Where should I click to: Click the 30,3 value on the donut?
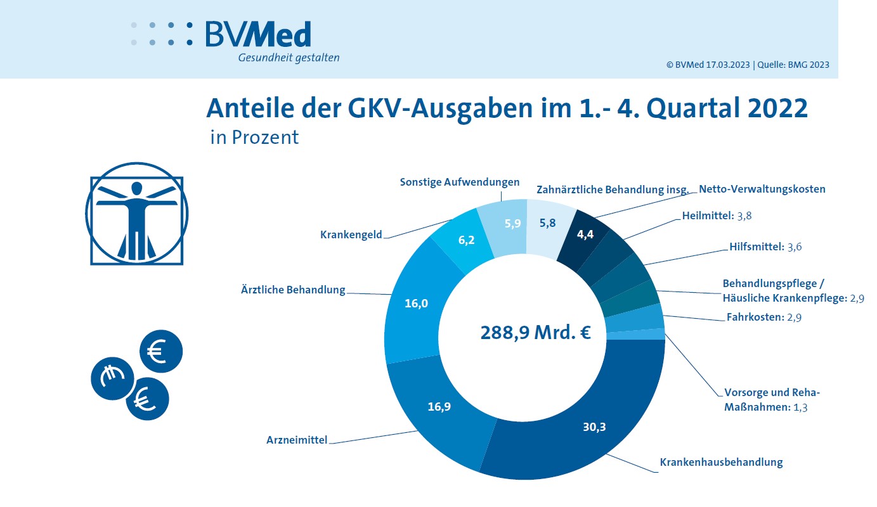point(594,427)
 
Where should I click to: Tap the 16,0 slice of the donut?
point(417,304)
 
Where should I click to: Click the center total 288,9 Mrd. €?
point(535,332)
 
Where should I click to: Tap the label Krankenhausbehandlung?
point(721,462)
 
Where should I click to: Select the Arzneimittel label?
point(297,439)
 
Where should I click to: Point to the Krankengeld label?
point(351,234)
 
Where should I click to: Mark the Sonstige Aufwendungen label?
point(459,182)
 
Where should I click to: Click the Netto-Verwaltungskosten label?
point(762,189)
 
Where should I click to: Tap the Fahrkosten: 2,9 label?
point(763,318)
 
